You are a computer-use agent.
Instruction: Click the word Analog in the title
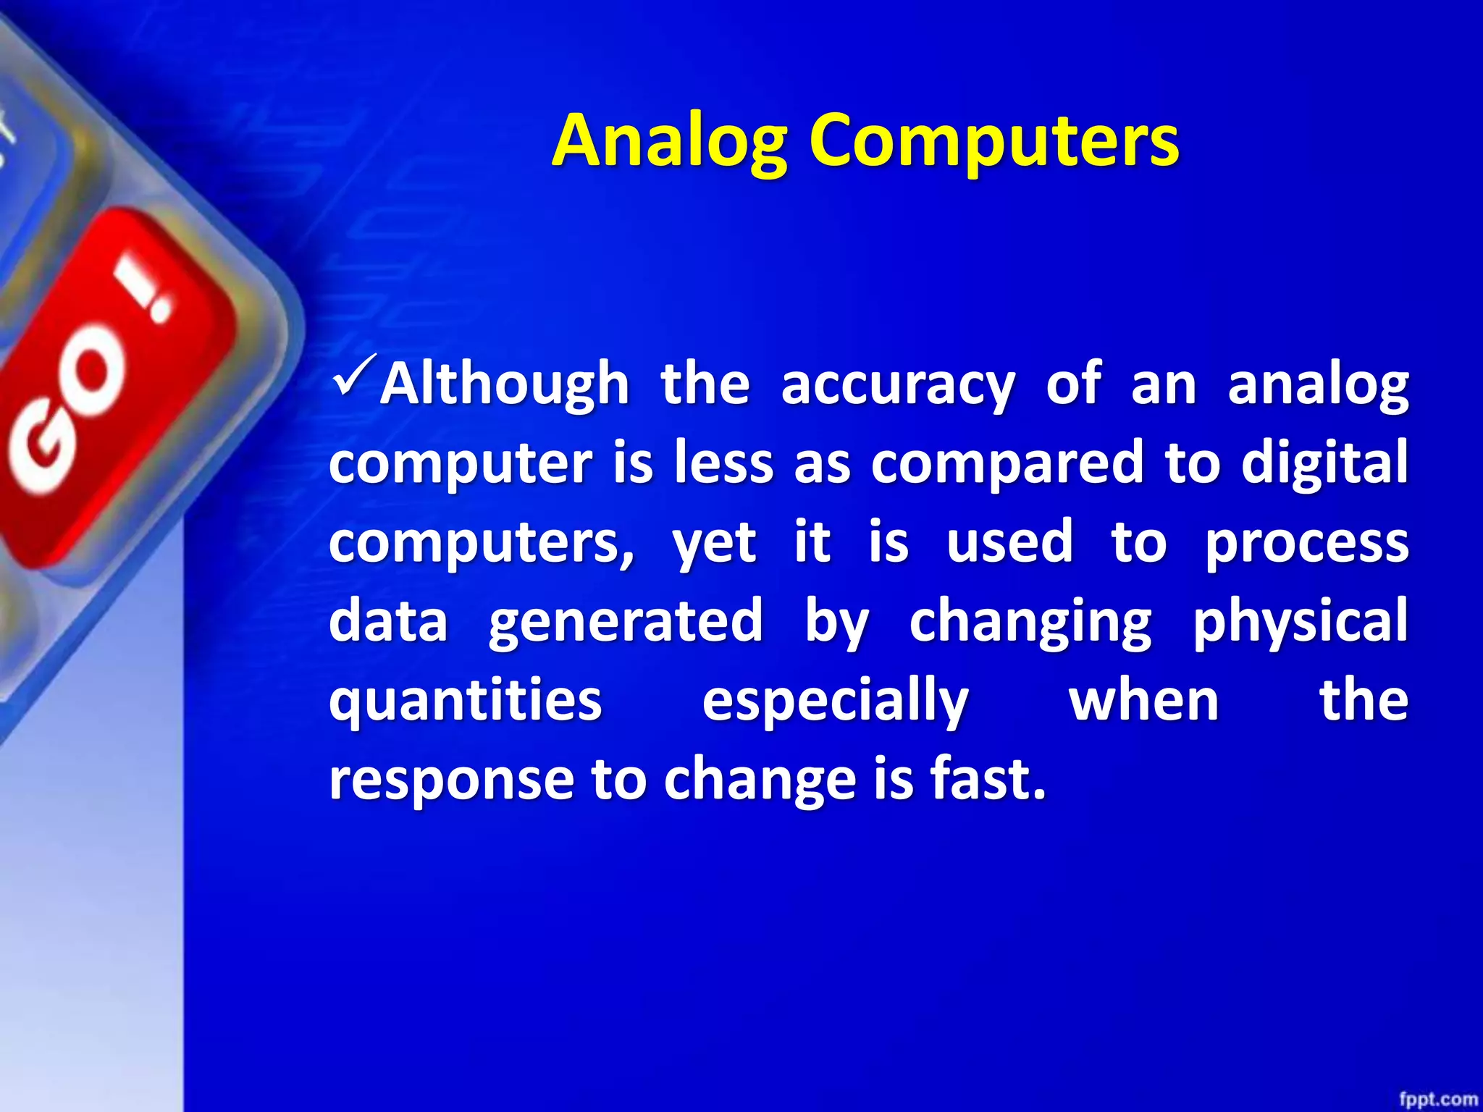(x=669, y=141)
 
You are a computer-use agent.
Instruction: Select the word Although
(x=505, y=384)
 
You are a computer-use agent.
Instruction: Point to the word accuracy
(x=897, y=384)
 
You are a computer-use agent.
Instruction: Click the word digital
(x=1324, y=463)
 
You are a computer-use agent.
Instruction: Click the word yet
(x=714, y=543)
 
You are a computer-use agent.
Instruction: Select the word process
(x=1306, y=543)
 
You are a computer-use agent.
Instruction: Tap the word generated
(x=626, y=621)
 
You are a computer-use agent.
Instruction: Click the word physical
(x=1300, y=621)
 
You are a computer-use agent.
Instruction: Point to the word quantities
(x=465, y=700)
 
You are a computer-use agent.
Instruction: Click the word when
(x=1144, y=700)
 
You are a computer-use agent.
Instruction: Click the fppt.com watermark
(x=1437, y=1098)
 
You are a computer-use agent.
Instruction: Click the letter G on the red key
(x=40, y=452)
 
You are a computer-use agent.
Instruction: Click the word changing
(x=1030, y=621)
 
